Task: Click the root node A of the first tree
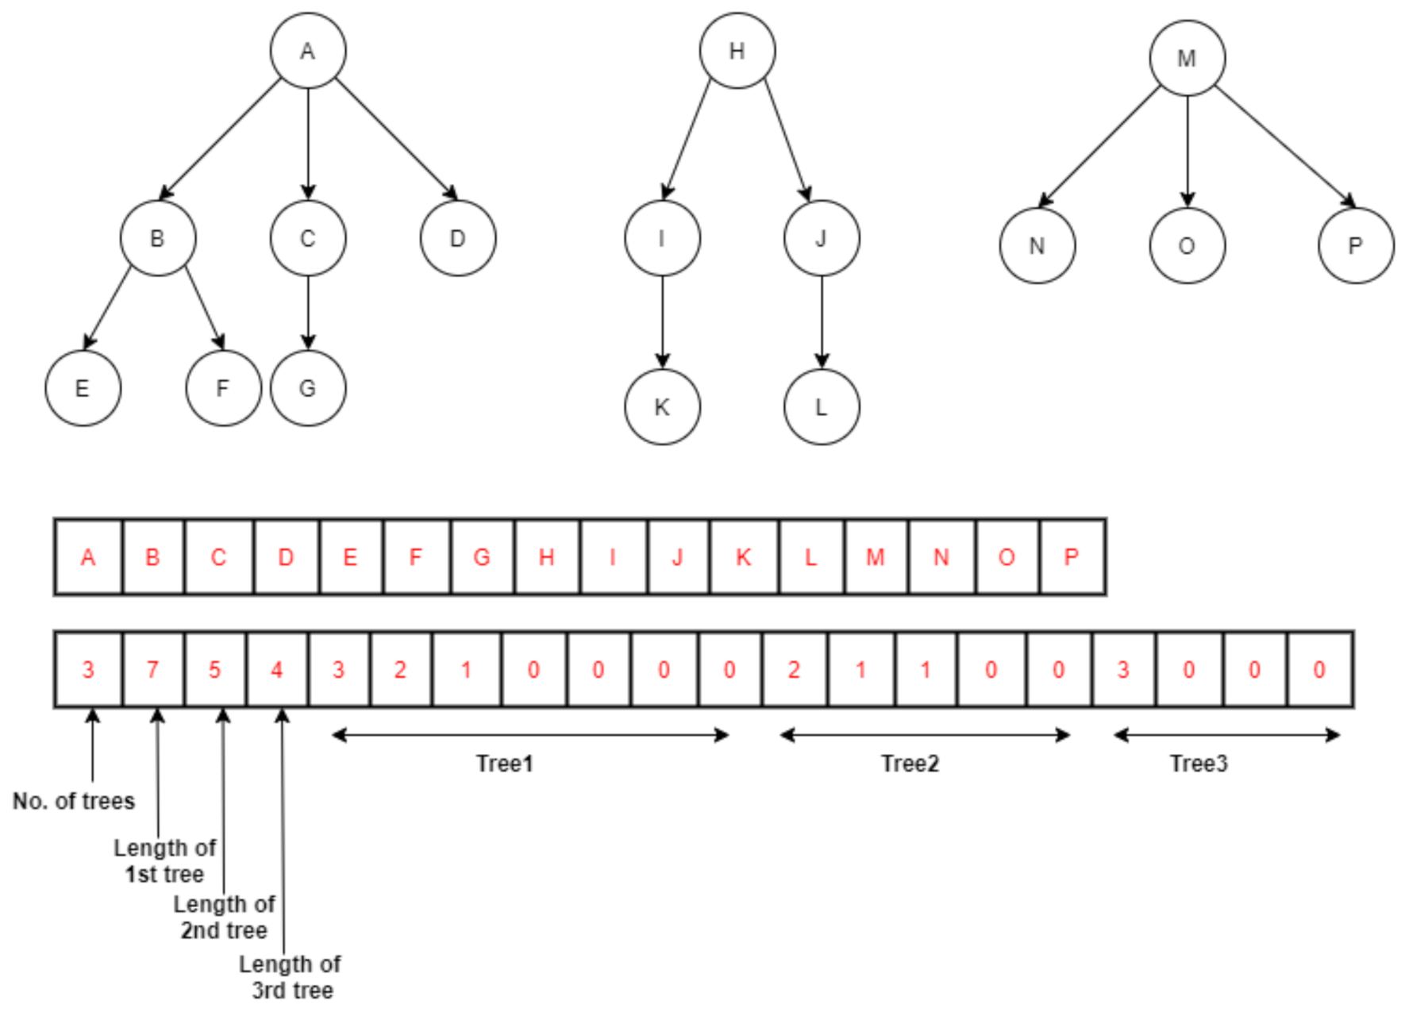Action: [308, 51]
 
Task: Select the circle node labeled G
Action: [308, 388]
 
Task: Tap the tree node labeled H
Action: [737, 51]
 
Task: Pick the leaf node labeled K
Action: [662, 407]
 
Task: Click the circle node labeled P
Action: [1355, 246]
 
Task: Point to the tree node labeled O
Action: [1187, 246]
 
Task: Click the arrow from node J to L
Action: [822, 321]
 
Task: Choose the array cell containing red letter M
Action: [876, 557]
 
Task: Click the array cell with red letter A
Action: [88, 557]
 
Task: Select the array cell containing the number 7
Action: [153, 670]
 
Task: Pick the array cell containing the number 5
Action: [215, 670]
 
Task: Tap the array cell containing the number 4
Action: [277, 670]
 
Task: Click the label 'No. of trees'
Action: [74, 801]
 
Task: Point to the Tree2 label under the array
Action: [910, 764]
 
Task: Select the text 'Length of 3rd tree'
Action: [291, 977]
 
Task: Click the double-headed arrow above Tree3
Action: [1226, 735]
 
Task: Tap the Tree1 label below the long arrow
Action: [504, 764]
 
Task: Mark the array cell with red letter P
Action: [1072, 557]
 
